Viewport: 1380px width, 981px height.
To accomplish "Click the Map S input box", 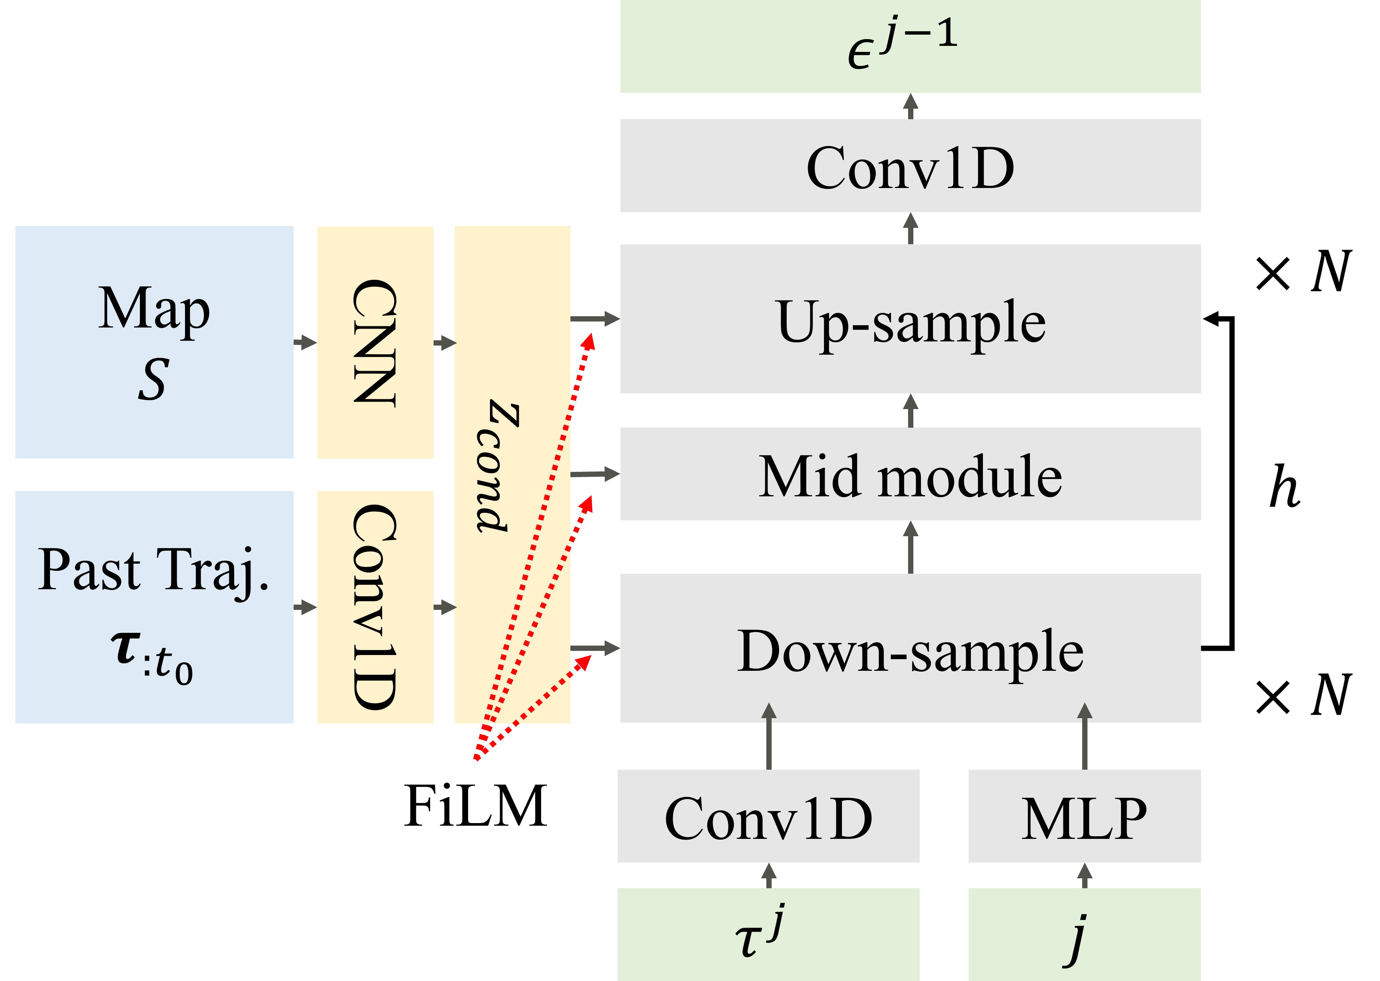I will (x=154, y=342).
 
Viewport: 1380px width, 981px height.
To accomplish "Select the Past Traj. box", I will (x=154, y=606).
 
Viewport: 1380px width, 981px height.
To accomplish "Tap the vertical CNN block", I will (x=375, y=342).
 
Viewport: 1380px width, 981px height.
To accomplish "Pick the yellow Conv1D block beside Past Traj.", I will (x=375, y=606).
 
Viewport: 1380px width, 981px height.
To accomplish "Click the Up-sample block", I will (x=910, y=319).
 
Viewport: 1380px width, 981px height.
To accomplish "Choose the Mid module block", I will (x=910, y=474).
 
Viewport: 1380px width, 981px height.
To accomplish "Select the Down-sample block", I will (x=910, y=648).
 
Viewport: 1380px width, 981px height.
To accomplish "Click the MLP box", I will (x=1084, y=816).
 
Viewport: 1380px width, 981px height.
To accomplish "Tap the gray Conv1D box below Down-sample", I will (x=768, y=816).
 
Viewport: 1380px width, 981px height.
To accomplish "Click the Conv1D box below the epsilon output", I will (x=910, y=165).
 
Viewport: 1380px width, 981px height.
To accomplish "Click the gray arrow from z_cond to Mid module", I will (x=595, y=474).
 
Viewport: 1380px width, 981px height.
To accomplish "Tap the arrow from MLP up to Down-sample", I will (x=1085, y=737).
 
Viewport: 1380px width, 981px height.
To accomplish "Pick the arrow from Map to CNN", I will (x=305, y=343).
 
